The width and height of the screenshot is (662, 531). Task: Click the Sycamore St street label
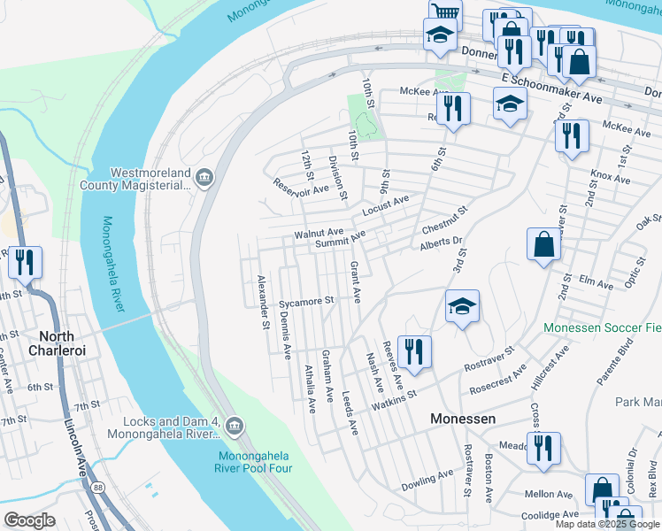305,302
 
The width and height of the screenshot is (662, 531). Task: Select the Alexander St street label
262,301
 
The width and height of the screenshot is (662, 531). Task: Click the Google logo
29,519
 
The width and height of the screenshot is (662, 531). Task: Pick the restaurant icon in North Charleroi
24,261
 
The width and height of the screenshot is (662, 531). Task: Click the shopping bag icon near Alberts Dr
543,244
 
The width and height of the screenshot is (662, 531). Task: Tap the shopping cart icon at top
445,12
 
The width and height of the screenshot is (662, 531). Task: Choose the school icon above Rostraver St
462,306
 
